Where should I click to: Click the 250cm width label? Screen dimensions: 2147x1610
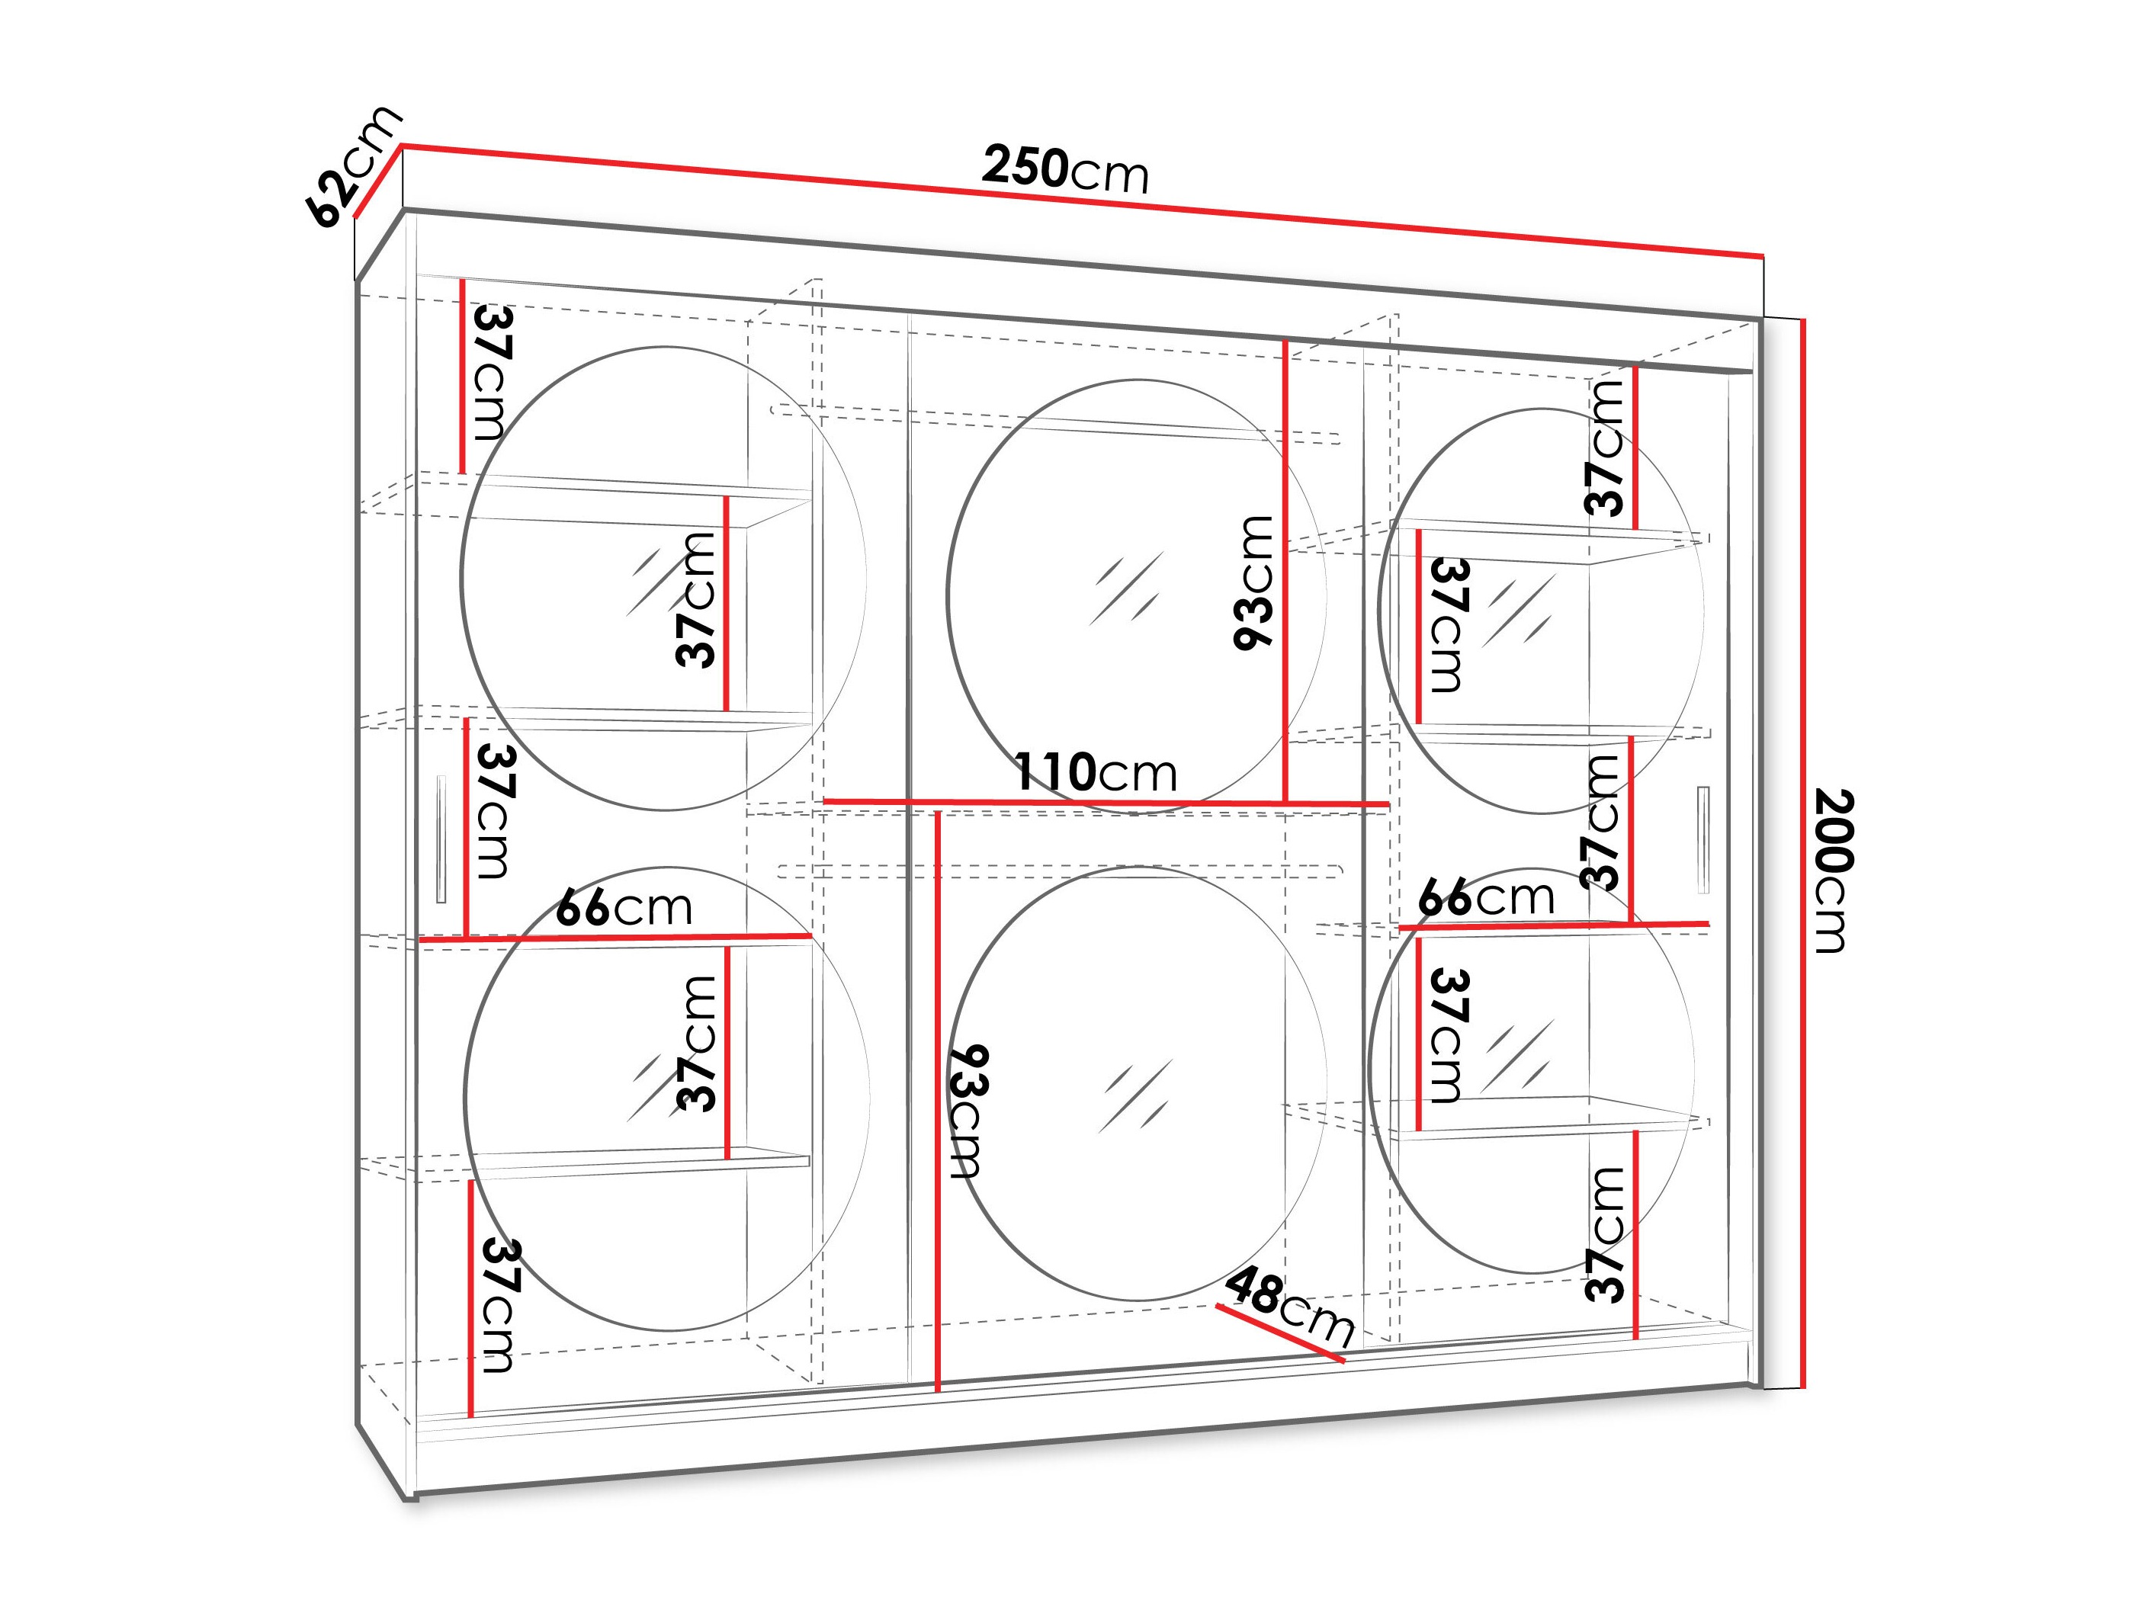pyautogui.click(x=1065, y=169)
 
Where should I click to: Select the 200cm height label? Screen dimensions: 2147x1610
pyautogui.click(x=1834, y=871)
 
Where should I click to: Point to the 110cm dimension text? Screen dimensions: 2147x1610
pyautogui.click(x=1095, y=772)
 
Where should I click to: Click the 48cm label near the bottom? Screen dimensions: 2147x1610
pyautogui.click(x=1289, y=1307)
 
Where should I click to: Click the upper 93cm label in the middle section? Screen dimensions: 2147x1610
pyautogui.click(x=1253, y=582)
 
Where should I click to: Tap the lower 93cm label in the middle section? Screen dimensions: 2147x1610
pyautogui.click(x=968, y=1111)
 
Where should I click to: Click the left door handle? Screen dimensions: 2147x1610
pyautogui.click(x=441, y=839)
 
